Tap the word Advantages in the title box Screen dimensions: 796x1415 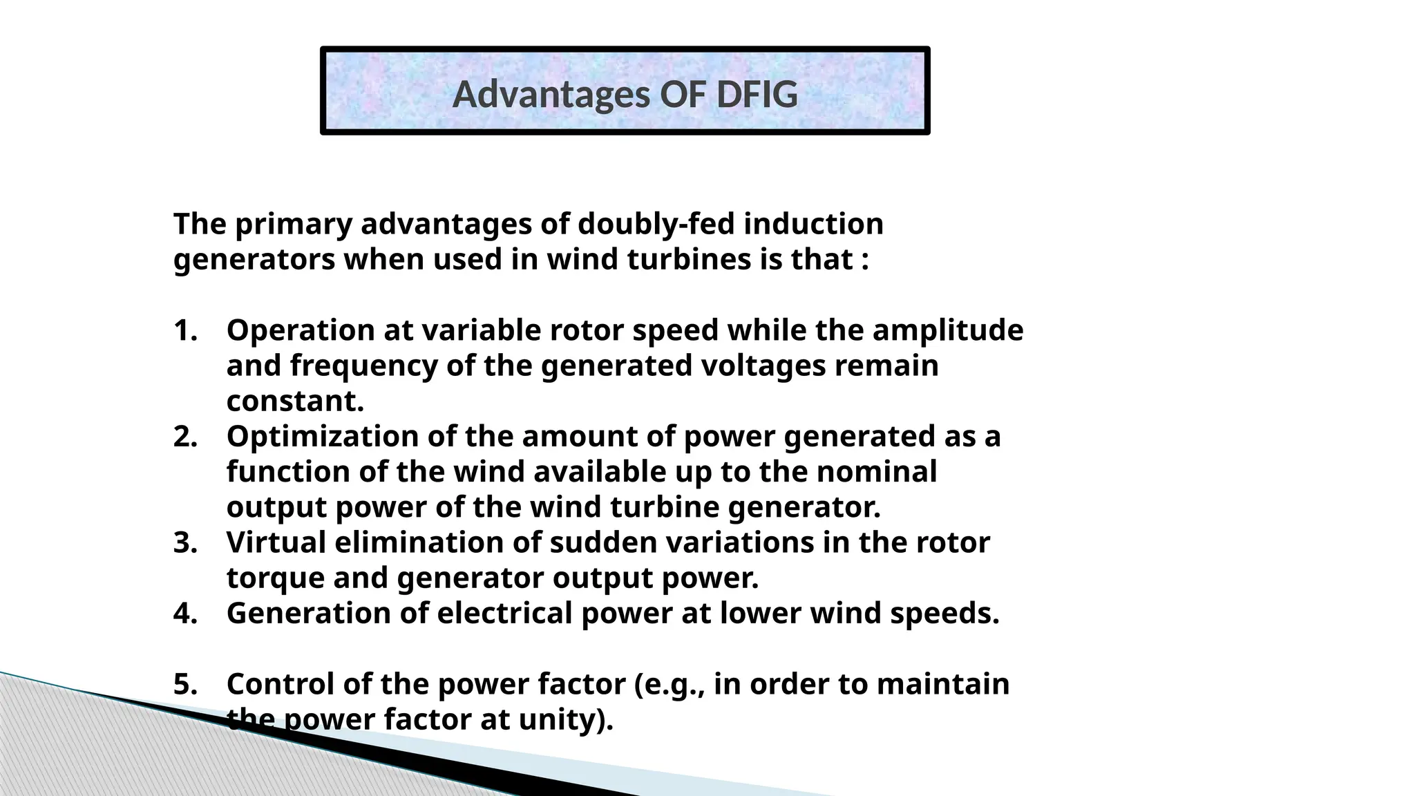point(552,95)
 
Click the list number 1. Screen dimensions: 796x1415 point(184,330)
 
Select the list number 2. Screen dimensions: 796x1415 point(184,437)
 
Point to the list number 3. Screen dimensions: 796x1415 point(184,542)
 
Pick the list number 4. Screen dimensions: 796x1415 point(184,613)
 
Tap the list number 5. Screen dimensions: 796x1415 point(184,684)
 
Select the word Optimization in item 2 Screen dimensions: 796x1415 point(322,437)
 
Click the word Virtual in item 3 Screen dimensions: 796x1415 point(276,542)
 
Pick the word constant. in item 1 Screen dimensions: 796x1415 point(295,401)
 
